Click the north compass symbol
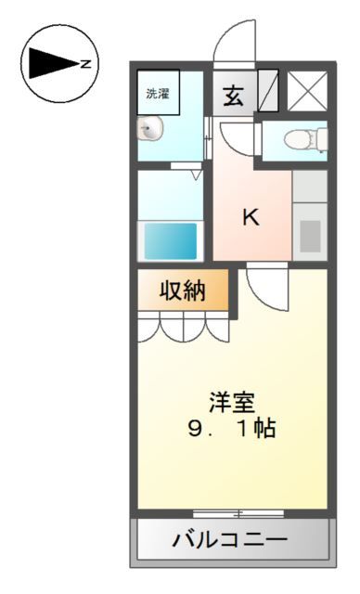(58, 63)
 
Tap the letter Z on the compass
(84, 64)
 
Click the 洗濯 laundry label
(157, 94)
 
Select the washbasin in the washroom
(148, 129)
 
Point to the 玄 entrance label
(233, 96)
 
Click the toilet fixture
(303, 140)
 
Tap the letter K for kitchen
(251, 218)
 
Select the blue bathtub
(171, 241)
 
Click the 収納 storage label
(181, 291)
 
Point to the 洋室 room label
(231, 404)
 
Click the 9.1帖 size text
(231, 430)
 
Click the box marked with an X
(305, 91)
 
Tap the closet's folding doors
(183, 328)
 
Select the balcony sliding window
(238, 512)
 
